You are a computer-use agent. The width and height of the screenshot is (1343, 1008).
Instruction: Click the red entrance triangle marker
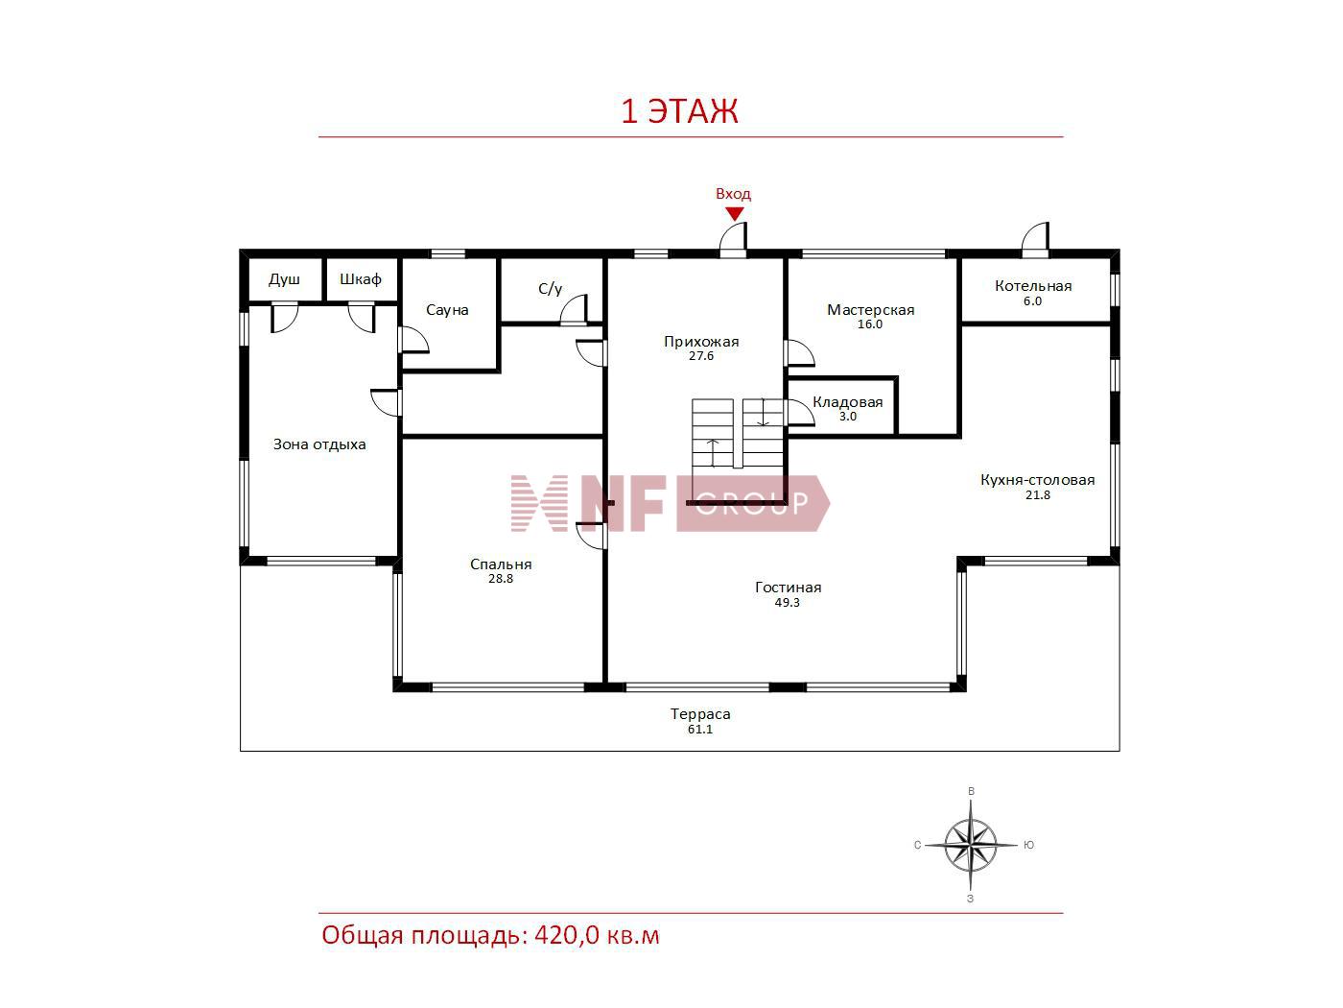pyautogui.click(x=734, y=213)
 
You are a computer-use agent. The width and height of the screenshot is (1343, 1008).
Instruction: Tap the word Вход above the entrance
pyautogui.click(x=733, y=194)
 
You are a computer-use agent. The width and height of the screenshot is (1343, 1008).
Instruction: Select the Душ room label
pyautogui.click(x=285, y=280)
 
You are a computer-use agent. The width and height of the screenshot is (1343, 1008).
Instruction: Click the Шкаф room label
pyautogui.click(x=361, y=279)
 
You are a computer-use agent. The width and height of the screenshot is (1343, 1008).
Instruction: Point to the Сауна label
pyautogui.click(x=447, y=310)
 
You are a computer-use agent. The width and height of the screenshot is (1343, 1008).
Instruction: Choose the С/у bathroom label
pyautogui.click(x=550, y=288)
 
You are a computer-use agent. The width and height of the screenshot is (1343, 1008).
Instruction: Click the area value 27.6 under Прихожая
pyautogui.click(x=701, y=356)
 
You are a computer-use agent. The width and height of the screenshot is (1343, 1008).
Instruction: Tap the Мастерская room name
pyautogui.click(x=871, y=310)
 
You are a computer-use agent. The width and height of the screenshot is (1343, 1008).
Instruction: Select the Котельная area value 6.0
pyautogui.click(x=1032, y=301)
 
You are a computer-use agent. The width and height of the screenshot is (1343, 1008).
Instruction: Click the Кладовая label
pyautogui.click(x=847, y=402)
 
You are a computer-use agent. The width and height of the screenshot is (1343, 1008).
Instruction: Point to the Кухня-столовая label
pyautogui.click(x=1038, y=480)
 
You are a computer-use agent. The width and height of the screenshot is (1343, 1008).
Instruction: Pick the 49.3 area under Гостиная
pyautogui.click(x=787, y=602)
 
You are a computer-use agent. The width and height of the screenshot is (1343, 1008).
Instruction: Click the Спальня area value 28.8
pyautogui.click(x=501, y=578)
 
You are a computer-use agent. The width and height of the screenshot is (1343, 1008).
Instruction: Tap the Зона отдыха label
pyautogui.click(x=319, y=444)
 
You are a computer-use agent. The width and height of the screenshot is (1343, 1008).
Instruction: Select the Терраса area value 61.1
pyautogui.click(x=700, y=729)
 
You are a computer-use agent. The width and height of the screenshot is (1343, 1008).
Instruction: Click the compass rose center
pyautogui.click(x=971, y=845)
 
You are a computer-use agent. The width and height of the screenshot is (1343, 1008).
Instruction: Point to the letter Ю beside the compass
pyautogui.click(x=1029, y=845)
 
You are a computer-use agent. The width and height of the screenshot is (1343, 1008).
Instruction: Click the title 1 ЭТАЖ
pyautogui.click(x=679, y=111)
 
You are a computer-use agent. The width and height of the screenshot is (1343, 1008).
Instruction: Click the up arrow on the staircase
pyautogui.click(x=714, y=453)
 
